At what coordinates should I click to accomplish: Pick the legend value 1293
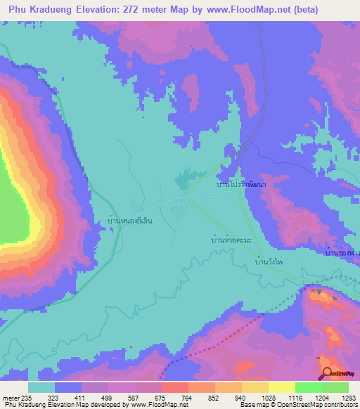coord(349,397)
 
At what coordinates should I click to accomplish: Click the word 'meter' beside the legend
coord(11,397)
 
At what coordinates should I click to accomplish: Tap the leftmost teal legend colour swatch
coord(41,387)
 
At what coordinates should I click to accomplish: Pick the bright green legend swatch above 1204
coord(308,387)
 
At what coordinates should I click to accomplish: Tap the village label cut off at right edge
coord(345,252)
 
